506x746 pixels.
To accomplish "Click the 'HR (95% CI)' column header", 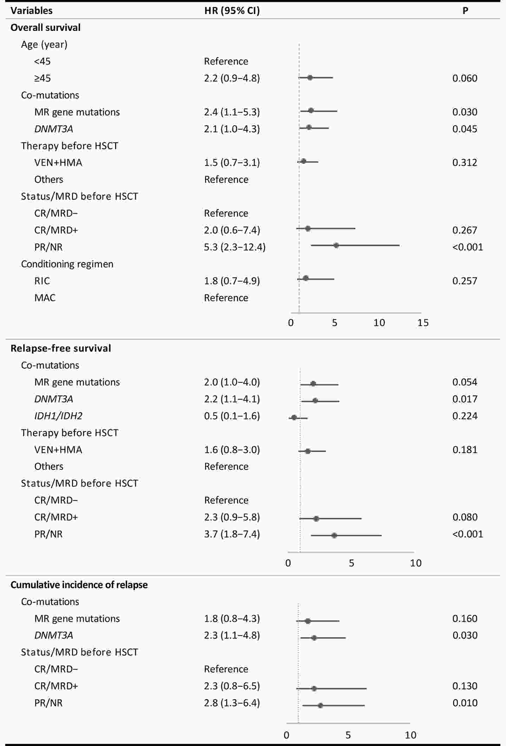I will (x=232, y=11).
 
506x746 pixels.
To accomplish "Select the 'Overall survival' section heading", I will (x=45, y=27).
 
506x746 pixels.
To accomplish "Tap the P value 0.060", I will (x=465, y=78).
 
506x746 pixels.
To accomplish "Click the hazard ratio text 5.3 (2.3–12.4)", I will (x=235, y=247).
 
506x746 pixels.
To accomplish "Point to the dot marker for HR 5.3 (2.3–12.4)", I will (x=336, y=245).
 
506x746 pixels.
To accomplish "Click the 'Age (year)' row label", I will (x=44, y=44).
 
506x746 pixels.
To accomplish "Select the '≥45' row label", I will (x=42, y=78).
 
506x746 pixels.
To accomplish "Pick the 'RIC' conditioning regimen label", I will (x=42, y=281).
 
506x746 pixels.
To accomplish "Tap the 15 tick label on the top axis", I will (x=423, y=323).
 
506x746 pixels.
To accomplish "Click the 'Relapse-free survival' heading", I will (x=61, y=348).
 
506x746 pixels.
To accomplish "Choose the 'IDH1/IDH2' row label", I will (x=58, y=416).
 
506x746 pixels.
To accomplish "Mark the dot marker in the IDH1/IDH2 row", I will (x=294, y=418).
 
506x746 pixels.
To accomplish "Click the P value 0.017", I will (x=465, y=399).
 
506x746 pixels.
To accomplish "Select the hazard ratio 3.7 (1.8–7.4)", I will (x=232, y=534).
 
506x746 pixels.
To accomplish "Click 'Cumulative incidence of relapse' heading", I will (x=79, y=585).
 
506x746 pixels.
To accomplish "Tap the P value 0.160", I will (x=465, y=618).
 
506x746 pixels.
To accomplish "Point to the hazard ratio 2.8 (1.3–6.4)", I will (x=232, y=703).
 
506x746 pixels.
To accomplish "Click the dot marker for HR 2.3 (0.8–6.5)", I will (x=314, y=688).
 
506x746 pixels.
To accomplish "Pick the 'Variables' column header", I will (x=32, y=11).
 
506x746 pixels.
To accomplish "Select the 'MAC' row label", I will (x=45, y=298).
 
